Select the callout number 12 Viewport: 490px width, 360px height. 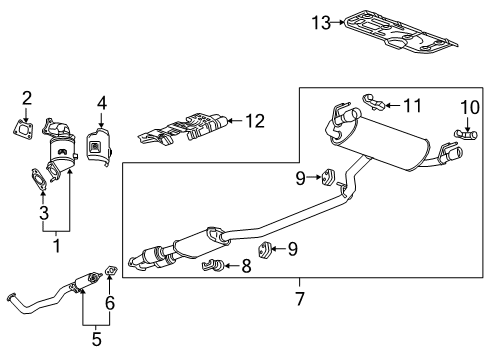255,121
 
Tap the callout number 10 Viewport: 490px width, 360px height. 470,107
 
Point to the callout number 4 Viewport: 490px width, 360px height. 102,101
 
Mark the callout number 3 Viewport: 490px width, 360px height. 42,212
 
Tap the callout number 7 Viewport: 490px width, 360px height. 299,298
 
